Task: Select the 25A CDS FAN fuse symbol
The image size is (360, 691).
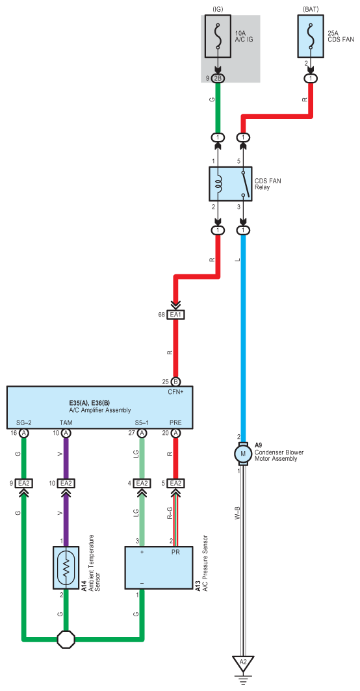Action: (311, 36)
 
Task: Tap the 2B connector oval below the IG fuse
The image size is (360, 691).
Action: (218, 79)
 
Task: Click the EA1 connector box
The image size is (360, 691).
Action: (176, 315)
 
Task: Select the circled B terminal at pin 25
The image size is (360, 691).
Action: (176, 382)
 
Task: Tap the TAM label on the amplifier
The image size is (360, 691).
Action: (66, 423)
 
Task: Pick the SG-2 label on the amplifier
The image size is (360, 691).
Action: (23, 423)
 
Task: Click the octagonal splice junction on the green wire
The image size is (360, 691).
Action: (66, 638)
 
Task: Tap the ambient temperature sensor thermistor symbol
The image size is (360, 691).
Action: (66, 567)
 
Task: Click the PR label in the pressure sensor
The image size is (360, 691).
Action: (175, 552)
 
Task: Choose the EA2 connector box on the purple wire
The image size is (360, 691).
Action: (66, 484)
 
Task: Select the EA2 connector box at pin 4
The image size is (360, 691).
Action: (142, 484)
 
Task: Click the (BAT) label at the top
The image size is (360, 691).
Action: (311, 8)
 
